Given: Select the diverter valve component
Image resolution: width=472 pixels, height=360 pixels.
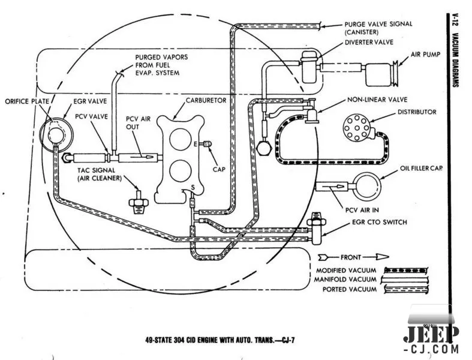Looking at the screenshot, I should pos(308,66).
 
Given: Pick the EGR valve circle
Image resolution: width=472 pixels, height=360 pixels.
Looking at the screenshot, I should pos(52,131).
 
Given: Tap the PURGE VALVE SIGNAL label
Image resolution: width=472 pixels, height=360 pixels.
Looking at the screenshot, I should pos(378,24).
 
